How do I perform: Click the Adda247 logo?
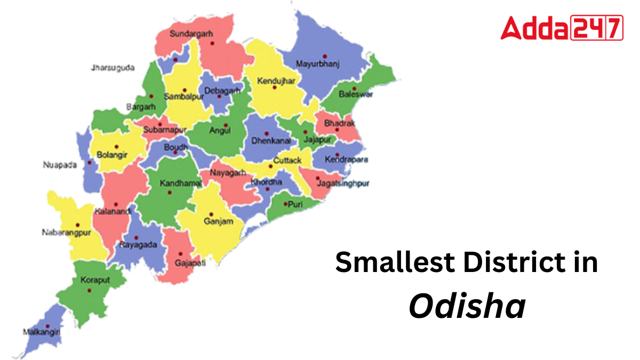click(x=562, y=28)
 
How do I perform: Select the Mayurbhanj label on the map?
click(x=317, y=64)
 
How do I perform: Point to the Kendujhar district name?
click(x=272, y=81)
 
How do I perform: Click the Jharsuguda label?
click(x=113, y=68)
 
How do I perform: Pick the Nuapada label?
click(x=60, y=165)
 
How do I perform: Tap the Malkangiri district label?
click(x=41, y=332)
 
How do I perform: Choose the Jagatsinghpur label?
click(x=343, y=183)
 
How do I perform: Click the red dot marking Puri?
click(x=286, y=204)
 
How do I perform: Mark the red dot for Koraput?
click(x=89, y=291)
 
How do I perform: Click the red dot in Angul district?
click(x=226, y=126)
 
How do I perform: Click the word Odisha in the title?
click(x=467, y=307)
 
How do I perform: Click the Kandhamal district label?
click(x=181, y=183)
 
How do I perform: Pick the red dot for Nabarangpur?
click(x=78, y=225)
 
